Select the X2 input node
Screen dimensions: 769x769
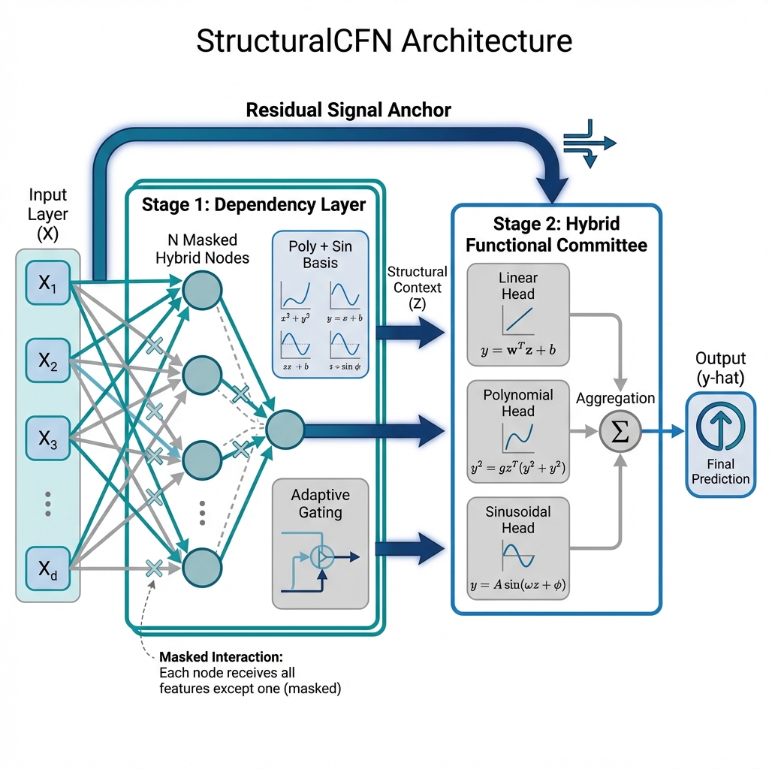click(47, 362)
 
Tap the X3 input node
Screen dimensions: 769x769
click(47, 440)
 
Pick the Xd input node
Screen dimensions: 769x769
click(47, 568)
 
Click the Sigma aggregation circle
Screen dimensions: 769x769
click(620, 431)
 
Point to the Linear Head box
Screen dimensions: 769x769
click(517, 315)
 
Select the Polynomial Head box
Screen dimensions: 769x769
click(517, 432)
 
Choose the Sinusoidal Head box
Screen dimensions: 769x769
click(517, 548)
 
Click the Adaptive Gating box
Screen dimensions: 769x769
click(320, 543)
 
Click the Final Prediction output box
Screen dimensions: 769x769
click(719, 445)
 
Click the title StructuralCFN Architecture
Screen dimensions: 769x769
click(384, 41)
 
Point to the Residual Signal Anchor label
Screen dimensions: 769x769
click(348, 110)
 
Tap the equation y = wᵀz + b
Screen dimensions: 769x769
click(517, 350)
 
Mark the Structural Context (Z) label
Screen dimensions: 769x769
click(417, 288)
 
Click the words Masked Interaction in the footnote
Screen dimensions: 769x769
click(221, 657)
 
